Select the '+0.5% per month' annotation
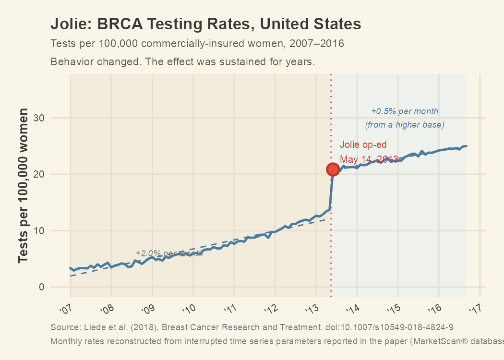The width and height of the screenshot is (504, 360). pyautogui.click(x=405, y=111)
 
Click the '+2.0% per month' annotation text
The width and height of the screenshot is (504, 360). pyautogui.click(x=169, y=253)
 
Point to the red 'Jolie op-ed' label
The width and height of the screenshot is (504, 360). pyautogui.click(x=363, y=144)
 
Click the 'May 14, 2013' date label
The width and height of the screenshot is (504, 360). pyautogui.click(x=369, y=159)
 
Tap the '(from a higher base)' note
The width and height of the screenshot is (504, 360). pyautogui.click(x=405, y=125)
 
